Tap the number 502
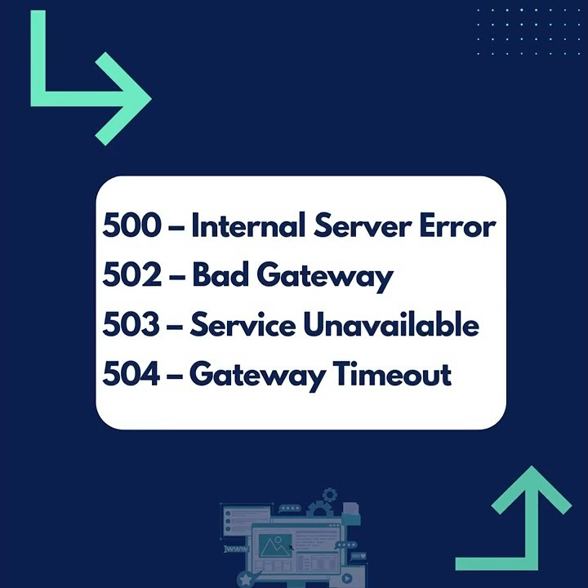pos(131,276)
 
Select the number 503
pos(131,326)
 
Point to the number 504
pos(131,375)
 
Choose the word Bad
pos(220,276)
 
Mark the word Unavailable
pos(391,326)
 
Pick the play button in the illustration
pos(347,578)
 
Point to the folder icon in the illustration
pos(350,510)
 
